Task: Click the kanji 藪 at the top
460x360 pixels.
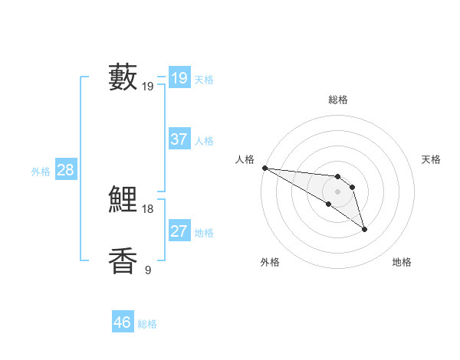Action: click(x=123, y=77)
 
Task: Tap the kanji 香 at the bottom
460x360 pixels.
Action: click(x=123, y=260)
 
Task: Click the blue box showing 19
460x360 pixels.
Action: click(x=179, y=78)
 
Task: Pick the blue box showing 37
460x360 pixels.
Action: click(x=179, y=139)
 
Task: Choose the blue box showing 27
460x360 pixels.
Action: click(x=179, y=231)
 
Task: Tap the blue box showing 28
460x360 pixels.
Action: click(x=65, y=170)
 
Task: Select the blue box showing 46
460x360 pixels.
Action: click(x=122, y=322)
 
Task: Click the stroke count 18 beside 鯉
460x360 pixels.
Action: click(x=148, y=209)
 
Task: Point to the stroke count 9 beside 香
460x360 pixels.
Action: click(x=148, y=270)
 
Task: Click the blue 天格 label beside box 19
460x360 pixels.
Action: click(x=204, y=80)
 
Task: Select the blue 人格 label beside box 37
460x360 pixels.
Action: click(x=204, y=141)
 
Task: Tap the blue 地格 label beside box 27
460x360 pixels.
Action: click(x=204, y=233)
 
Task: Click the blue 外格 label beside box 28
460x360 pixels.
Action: click(x=41, y=172)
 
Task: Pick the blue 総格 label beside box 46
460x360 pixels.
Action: click(x=147, y=324)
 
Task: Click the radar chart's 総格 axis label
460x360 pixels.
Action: click(x=337, y=100)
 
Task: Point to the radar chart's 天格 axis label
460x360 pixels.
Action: click(x=431, y=159)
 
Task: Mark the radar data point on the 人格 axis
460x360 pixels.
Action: click(x=264, y=168)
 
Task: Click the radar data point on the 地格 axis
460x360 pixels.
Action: click(x=364, y=229)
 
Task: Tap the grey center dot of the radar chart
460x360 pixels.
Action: click(x=337, y=191)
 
